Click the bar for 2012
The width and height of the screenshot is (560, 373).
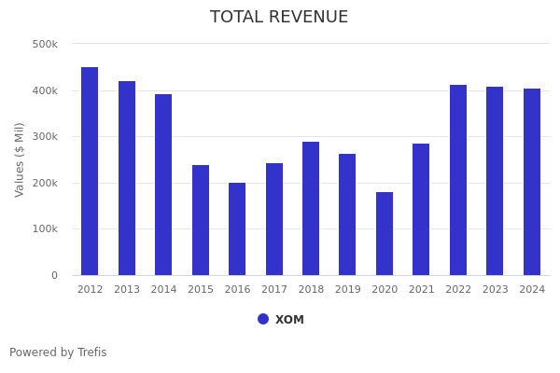coord(90,172)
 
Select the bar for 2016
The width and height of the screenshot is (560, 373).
coord(237,229)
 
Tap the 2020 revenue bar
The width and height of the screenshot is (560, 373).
coord(385,234)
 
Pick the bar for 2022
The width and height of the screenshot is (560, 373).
coord(458,180)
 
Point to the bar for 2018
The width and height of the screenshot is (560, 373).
coord(311,209)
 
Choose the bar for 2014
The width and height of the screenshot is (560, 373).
coord(163,185)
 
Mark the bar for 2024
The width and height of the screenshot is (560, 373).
coord(532,182)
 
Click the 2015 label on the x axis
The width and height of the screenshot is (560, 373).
coord(201,290)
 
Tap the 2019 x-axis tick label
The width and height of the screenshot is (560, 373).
coord(348,290)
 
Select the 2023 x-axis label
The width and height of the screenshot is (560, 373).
coord(496,290)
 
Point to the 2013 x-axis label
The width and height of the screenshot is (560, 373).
coord(127,290)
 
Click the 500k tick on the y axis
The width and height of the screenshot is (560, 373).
coord(45,44)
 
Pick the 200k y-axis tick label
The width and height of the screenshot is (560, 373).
coord(45,183)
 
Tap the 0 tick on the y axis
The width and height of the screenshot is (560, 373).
coord(54,275)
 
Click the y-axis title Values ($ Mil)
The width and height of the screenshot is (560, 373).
coord(20,159)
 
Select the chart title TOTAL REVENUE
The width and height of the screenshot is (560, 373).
coord(279,18)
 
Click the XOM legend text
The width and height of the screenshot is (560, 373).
coord(289,320)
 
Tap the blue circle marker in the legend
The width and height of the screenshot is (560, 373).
coord(263,319)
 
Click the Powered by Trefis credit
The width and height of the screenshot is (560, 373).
coord(58,352)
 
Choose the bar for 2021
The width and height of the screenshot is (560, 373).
coord(421,210)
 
